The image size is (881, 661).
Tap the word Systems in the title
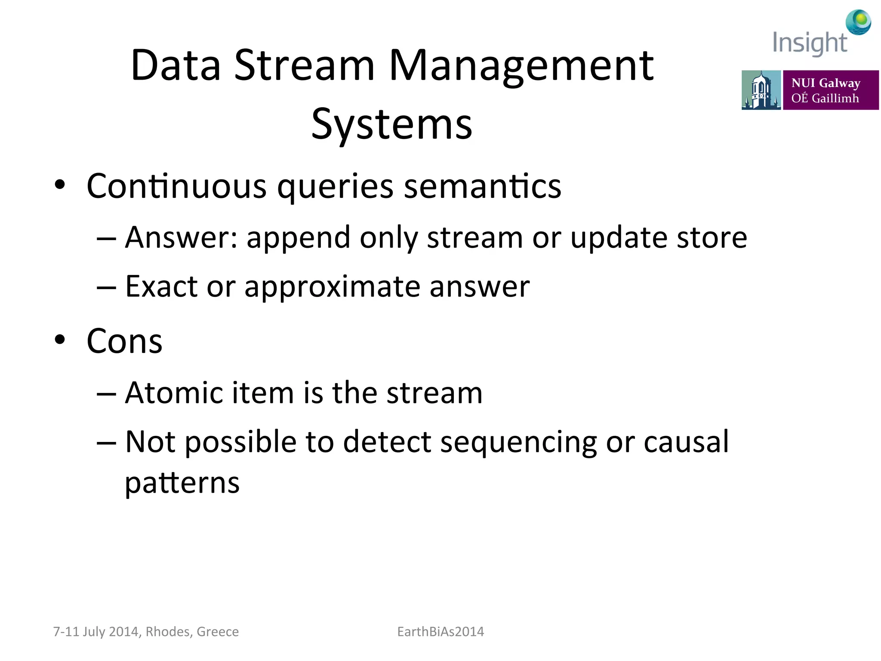pos(391,125)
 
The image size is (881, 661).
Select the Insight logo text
pos(810,43)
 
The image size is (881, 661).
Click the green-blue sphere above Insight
pos(859,22)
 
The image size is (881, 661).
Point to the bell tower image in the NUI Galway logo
pos(761,90)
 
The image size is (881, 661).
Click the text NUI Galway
pos(826,83)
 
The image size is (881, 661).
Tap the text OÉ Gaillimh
pos(825,99)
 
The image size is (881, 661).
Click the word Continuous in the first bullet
pos(176,186)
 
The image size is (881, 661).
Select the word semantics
pos(483,186)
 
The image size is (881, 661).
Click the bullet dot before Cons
pos(60,340)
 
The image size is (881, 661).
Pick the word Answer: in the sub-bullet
pos(181,238)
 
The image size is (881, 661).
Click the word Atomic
pos(173,393)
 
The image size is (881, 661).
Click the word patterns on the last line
pos(182,483)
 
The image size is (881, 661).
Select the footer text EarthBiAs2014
pos(440,631)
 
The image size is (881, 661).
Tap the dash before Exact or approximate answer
pos(106,287)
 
